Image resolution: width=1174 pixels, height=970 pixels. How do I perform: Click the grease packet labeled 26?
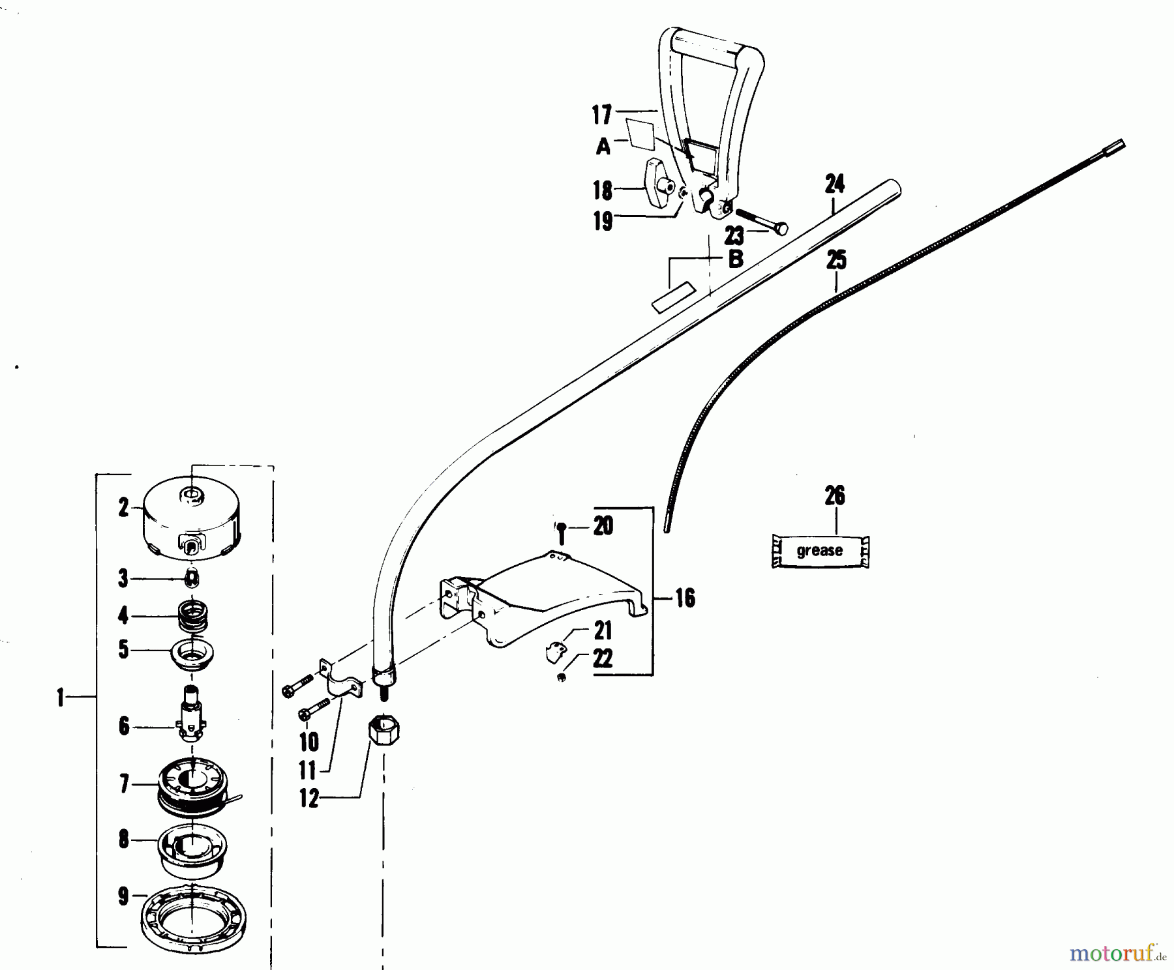click(x=820, y=551)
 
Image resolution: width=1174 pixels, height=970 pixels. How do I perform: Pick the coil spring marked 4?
click(x=193, y=615)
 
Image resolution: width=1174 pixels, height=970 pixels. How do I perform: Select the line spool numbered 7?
click(x=193, y=786)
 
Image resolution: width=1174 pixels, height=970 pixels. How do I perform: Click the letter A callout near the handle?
click(x=603, y=147)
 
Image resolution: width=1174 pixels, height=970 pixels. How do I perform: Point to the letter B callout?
click(x=735, y=259)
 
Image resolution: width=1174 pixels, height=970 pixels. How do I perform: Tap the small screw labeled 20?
click(x=561, y=533)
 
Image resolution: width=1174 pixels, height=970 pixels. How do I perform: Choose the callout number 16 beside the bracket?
click(x=685, y=598)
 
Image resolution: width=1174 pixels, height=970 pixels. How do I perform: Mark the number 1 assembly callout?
click(x=61, y=699)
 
